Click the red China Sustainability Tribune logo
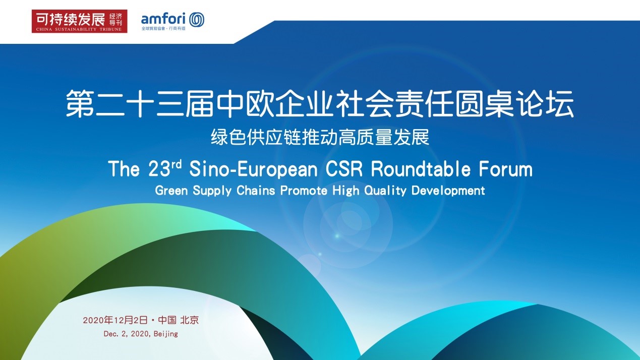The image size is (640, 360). click(79, 21)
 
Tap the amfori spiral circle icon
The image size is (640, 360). click(197, 20)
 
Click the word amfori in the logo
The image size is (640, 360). click(163, 19)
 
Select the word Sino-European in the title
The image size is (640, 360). click(254, 169)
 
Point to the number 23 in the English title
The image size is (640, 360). click(159, 169)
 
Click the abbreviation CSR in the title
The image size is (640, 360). click(344, 169)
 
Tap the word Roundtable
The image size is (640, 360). click(421, 169)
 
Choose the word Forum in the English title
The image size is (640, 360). click(506, 169)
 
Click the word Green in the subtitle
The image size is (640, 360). click(171, 191)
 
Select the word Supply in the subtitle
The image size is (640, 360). click(212, 191)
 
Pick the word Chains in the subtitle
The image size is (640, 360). click(256, 191)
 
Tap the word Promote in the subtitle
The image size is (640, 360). click(304, 191)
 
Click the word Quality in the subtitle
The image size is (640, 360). click(385, 191)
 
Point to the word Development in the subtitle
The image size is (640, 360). click(448, 191)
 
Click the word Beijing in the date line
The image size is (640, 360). click(166, 334)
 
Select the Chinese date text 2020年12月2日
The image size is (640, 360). click(115, 320)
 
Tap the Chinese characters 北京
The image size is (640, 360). click(190, 320)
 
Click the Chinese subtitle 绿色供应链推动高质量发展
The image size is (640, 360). click(320, 138)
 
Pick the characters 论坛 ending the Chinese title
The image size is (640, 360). click(545, 103)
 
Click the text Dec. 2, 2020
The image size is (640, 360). click(126, 334)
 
